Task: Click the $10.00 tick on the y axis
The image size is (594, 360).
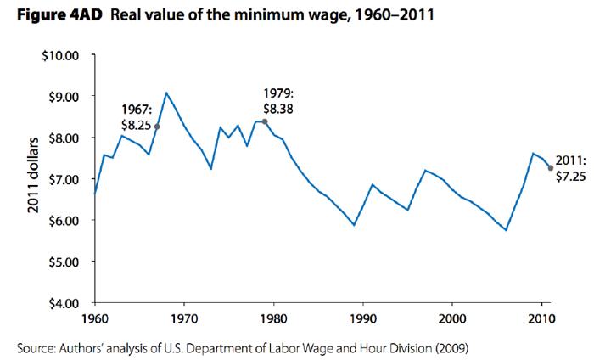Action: point(61,55)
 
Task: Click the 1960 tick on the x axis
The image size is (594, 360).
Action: point(94,319)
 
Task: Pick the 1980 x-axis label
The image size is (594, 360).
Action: point(273,319)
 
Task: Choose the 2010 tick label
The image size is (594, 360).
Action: point(542,319)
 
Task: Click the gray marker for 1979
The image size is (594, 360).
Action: point(265,121)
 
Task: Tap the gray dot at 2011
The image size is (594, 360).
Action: point(552,168)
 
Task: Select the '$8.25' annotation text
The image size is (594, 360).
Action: point(137,125)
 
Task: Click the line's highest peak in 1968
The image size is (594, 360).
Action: point(166,93)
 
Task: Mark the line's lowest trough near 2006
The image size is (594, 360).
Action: point(507,230)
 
